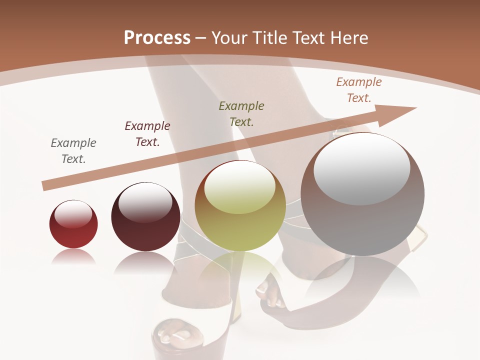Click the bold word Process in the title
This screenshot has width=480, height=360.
157,38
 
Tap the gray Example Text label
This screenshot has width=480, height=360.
73,151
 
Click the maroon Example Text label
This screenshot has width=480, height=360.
147,134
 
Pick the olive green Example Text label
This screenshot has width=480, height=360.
241,113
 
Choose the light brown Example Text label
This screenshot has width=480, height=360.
359,90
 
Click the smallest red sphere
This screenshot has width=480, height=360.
73,225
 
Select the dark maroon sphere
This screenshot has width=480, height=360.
145,217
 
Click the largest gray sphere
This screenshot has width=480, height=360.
362,195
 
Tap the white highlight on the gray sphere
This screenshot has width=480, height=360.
361,168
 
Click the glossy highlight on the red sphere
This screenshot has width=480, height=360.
73,214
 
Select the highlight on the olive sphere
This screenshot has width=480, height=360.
240,186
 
